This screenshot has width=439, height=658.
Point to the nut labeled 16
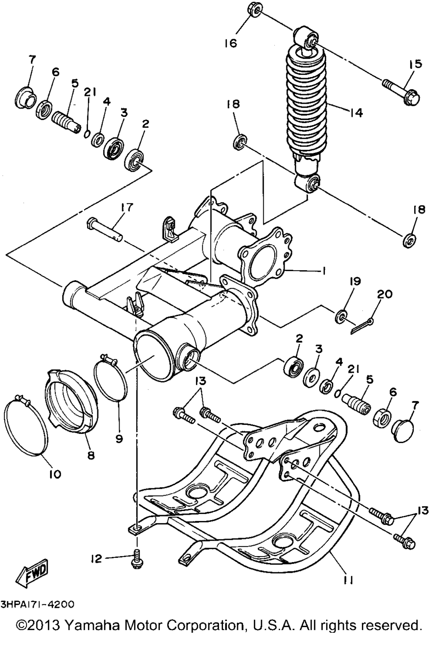pos(253,10)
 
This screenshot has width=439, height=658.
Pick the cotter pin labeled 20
pos(362,326)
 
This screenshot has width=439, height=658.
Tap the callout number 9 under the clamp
pos(119,439)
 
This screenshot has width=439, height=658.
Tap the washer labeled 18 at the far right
pos(409,241)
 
